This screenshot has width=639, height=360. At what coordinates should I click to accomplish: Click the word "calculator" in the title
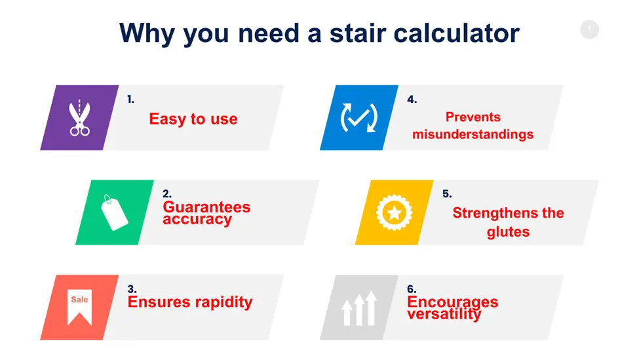[x=456, y=33]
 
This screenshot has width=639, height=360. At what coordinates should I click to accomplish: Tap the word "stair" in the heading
[x=357, y=33]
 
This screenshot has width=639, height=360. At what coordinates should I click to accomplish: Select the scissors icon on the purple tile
[x=79, y=118]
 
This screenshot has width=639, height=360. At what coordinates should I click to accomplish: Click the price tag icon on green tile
[x=114, y=212]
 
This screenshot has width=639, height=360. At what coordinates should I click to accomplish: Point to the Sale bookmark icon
[x=79, y=308]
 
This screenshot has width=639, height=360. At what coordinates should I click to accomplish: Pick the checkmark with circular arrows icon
[x=359, y=118]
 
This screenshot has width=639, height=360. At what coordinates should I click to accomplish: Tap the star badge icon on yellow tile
[x=394, y=212]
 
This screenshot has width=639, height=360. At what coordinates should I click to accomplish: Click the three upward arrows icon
[x=359, y=308]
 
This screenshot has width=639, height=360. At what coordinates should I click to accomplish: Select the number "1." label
[x=130, y=99]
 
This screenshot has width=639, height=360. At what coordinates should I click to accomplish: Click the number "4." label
[x=412, y=99]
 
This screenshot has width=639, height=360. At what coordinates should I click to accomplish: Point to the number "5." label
[x=447, y=193]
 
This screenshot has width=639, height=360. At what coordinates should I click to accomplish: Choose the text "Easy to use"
[x=193, y=119]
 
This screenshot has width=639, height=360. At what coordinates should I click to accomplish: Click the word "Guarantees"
[x=206, y=207]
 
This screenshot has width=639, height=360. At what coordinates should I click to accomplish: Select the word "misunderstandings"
[x=473, y=134]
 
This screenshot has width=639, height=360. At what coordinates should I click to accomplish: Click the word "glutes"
[x=508, y=232]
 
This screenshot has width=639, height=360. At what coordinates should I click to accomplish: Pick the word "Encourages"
[x=453, y=302]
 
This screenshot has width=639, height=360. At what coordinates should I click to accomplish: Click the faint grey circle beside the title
[x=589, y=30]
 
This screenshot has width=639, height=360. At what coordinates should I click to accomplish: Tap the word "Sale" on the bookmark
[x=79, y=300]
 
